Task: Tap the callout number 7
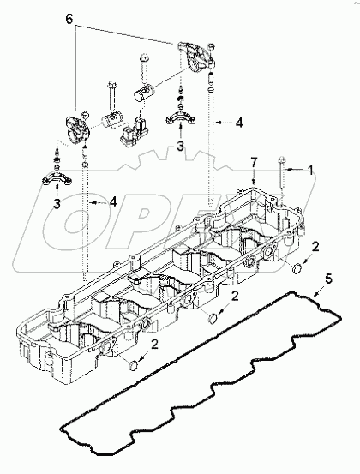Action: tap(253, 162)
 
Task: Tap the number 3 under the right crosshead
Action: tap(179, 147)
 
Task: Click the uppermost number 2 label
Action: tap(317, 247)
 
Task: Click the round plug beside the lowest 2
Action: tap(133, 367)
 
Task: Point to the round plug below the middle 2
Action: tap(211, 320)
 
